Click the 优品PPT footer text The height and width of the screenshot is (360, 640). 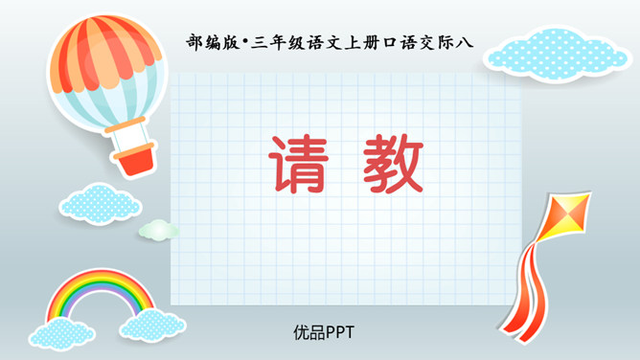[x=325, y=332]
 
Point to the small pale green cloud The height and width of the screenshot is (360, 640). [x=158, y=230]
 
